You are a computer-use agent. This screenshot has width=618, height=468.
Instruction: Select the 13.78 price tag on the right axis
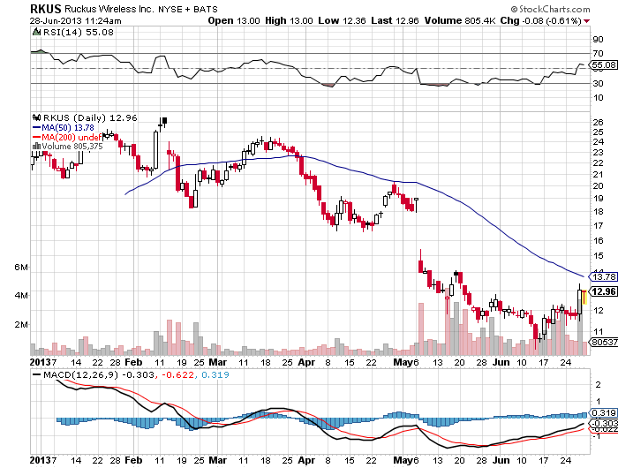(x=603, y=277)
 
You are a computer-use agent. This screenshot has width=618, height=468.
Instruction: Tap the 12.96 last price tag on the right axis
(x=603, y=291)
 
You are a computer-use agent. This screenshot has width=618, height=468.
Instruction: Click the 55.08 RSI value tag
(x=603, y=65)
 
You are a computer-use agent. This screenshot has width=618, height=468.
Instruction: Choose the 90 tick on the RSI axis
(x=597, y=40)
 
